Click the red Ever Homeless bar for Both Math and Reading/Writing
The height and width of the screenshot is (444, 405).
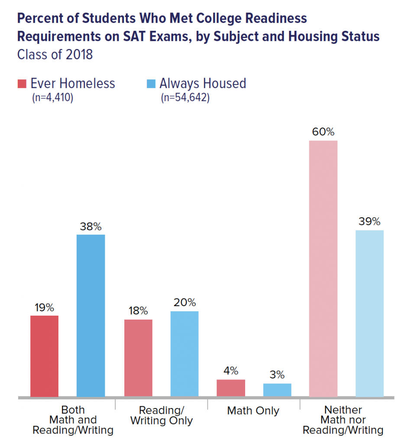pos(44,356)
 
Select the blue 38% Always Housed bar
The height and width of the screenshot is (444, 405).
pos(91,315)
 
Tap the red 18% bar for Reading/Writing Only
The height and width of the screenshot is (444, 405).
pos(138,358)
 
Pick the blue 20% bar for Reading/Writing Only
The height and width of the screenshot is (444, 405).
pos(185,354)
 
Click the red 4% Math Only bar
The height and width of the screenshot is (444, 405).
pos(231,388)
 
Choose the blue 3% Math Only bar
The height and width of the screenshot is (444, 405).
pos(277,390)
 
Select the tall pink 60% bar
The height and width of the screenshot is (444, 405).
pos(323,268)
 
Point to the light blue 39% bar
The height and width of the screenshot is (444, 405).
pos(369,313)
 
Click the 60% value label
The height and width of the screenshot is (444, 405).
pos(323,132)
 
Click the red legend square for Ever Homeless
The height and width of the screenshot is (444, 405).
pos(22,83)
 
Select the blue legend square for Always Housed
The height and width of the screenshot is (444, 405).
pos(150,83)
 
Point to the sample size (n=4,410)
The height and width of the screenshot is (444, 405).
pos(52,98)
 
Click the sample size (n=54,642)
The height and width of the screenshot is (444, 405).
pos(185,98)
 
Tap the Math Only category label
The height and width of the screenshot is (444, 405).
pos(253,411)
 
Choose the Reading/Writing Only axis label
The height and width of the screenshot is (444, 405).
pos(162,415)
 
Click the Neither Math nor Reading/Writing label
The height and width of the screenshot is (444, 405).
pos(343,420)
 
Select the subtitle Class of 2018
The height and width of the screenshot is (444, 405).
pos(55,55)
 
